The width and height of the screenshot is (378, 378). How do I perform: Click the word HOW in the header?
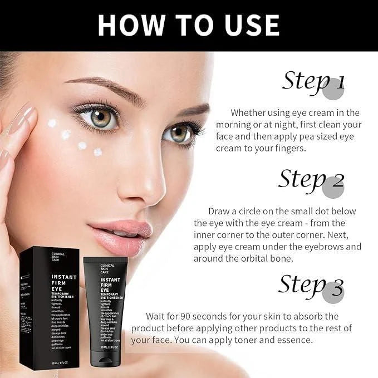click(x=129, y=25)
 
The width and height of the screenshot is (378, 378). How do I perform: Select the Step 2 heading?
click(x=312, y=180)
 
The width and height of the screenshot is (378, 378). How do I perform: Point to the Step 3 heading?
click(x=312, y=286)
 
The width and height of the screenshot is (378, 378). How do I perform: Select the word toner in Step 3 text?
click(x=269, y=340)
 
